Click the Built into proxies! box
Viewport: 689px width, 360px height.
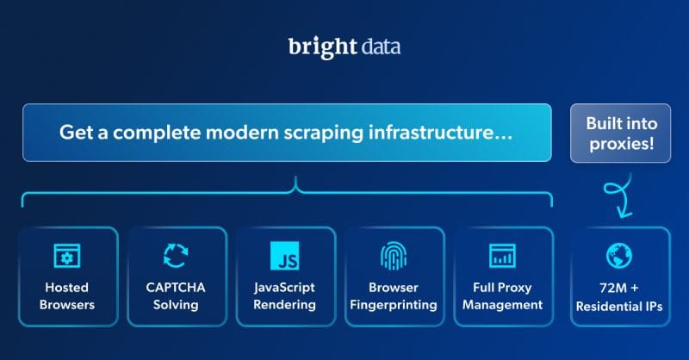[x=619, y=133]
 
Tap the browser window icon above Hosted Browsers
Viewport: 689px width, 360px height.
[x=67, y=255]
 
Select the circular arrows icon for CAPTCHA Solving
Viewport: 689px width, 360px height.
[x=177, y=255]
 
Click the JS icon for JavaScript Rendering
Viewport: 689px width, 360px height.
[x=285, y=255]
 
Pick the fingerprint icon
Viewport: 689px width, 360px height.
[x=394, y=255]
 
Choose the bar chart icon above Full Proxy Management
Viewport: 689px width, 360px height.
[x=502, y=255]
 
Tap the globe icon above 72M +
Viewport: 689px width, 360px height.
[x=619, y=255]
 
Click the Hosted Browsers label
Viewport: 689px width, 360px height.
[x=67, y=295]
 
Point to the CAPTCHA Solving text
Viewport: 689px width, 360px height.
[x=177, y=295]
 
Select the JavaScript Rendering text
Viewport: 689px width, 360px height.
[x=285, y=295]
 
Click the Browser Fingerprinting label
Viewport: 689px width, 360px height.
[x=394, y=295]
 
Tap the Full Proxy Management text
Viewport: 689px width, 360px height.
[x=502, y=295]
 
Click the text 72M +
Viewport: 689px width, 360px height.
[x=619, y=288]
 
